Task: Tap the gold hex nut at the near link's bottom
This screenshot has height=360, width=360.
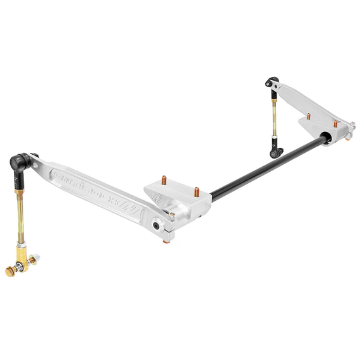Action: tap(11, 271)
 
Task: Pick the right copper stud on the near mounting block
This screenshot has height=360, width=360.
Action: tap(197, 190)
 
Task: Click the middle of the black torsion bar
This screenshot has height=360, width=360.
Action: tap(265, 165)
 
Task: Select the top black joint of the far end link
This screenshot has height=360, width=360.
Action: tap(272, 82)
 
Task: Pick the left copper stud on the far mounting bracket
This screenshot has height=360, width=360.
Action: tap(308, 116)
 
